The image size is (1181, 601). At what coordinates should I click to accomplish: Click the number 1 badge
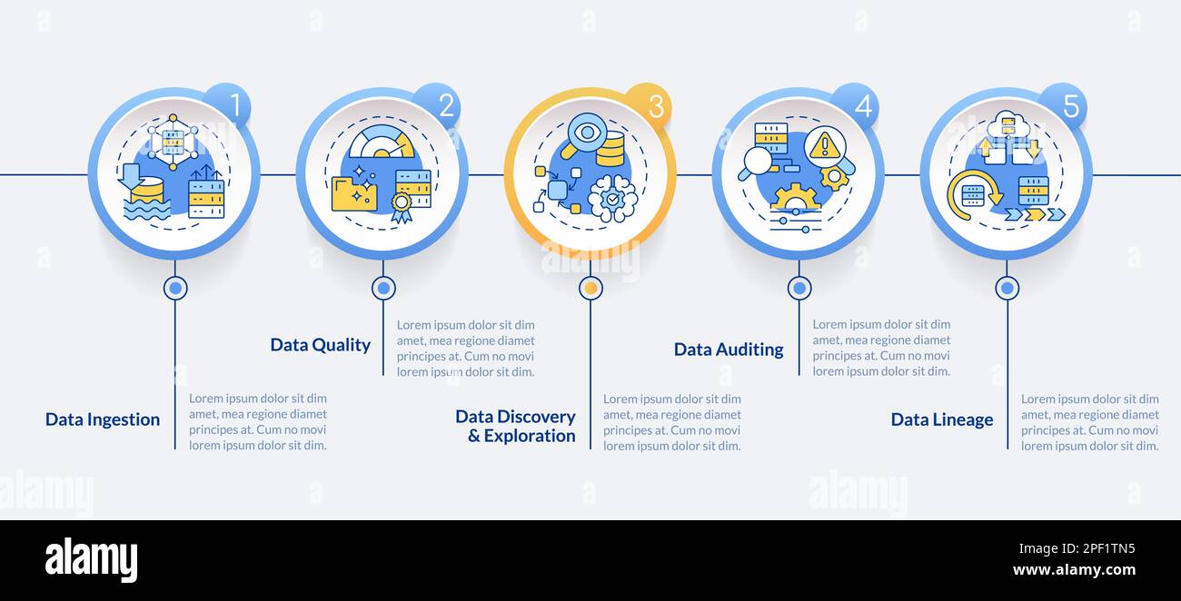pyautogui.click(x=228, y=105)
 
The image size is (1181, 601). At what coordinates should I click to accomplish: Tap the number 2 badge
pyautogui.click(x=438, y=105)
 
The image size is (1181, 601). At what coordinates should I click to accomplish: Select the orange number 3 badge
pyautogui.click(x=648, y=105)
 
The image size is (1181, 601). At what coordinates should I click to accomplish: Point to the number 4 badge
pyautogui.click(x=856, y=105)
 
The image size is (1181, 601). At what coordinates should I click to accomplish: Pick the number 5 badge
pyautogui.click(x=1064, y=105)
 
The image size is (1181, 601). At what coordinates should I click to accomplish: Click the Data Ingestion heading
pyautogui.click(x=103, y=419)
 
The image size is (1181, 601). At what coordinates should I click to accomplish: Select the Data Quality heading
pyautogui.click(x=321, y=345)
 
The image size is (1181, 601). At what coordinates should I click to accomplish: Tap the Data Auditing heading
pyautogui.click(x=729, y=350)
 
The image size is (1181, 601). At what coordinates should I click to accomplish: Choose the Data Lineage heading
pyautogui.click(x=942, y=419)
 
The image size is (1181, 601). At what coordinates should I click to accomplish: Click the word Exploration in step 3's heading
pyautogui.click(x=530, y=436)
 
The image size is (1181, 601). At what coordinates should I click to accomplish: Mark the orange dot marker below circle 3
pyautogui.click(x=591, y=288)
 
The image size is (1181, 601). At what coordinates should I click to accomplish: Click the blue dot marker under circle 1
pyautogui.click(x=175, y=288)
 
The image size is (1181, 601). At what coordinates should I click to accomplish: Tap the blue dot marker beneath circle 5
pyautogui.click(x=1007, y=288)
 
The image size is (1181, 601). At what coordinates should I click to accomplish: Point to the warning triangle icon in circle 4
pyautogui.click(x=825, y=145)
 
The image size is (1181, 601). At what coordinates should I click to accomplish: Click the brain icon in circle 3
pyautogui.click(x=612, y=198)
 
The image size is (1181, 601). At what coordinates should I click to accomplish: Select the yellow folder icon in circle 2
pyautogui.click(x=354, y=193)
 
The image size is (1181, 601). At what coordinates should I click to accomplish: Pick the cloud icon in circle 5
pyautogui.click(x=1007, y=125)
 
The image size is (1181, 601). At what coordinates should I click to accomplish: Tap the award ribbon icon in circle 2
pyautogui.click(x=402, y=207)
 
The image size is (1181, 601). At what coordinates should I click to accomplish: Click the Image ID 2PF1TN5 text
pyautogui.click(x=1077, y=548)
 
